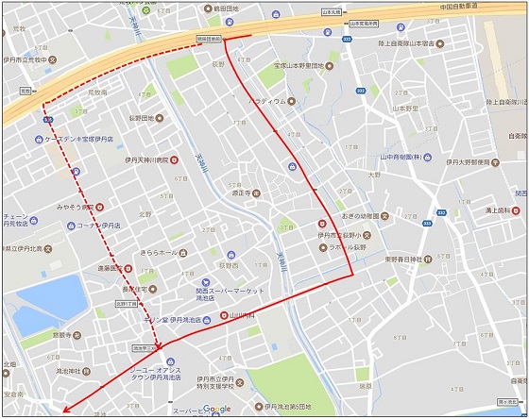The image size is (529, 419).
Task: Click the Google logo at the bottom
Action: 216,409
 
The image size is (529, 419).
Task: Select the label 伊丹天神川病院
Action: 142,160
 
